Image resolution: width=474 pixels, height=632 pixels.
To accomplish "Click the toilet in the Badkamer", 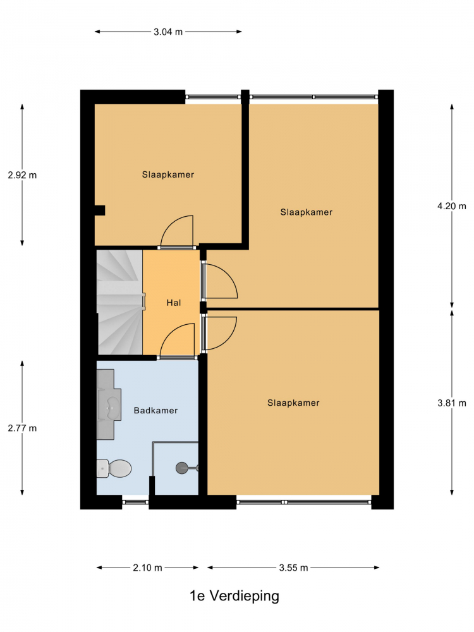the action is point(114,468).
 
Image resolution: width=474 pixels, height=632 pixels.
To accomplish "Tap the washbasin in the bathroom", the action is point(109,404).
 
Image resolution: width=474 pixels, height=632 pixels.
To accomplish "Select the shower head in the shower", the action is point(182,468).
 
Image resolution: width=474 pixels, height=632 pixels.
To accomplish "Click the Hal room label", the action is point(174,303).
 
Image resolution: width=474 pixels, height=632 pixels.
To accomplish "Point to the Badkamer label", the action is point(155,410).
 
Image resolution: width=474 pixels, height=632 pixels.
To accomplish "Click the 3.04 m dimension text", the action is point(168,32).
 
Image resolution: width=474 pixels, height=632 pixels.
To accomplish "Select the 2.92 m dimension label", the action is point(22,175).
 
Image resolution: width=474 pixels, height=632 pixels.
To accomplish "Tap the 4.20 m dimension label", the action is point(452,206).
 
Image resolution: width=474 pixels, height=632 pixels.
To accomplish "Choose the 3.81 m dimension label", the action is point(452,403).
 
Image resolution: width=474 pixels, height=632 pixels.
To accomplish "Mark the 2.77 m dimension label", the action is point(22,428).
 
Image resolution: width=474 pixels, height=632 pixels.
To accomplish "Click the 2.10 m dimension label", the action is point(147,568).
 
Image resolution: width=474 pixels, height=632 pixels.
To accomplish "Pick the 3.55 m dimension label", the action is point(293,568).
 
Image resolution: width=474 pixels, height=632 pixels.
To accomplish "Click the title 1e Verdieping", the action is point(234,596).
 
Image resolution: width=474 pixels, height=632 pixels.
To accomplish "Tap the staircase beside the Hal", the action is point(119,302).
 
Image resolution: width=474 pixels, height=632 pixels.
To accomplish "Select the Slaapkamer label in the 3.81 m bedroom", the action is point(293,403).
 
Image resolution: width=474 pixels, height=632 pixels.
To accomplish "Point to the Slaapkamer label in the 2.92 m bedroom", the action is point(168,174).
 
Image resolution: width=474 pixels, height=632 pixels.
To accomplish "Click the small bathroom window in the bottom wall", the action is point(135,502).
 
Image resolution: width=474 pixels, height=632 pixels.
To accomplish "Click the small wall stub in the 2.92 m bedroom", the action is point(100,210).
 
